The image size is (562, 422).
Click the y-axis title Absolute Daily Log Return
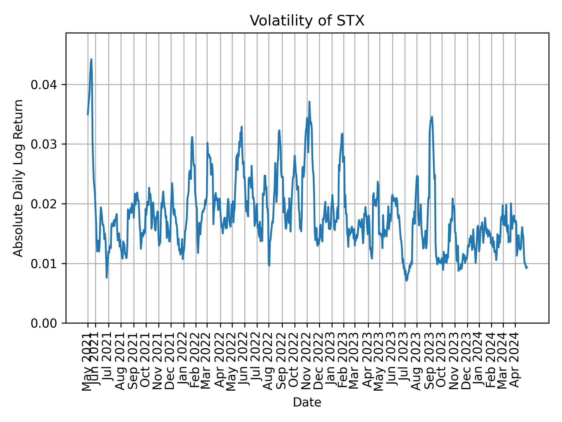click(x=19, y=178)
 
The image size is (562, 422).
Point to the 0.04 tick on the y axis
click(x=45, y=85)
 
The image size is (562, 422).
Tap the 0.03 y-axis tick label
click(x=45, y=144)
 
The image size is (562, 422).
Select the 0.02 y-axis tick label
click(x=45, y=204)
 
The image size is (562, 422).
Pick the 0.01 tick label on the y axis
click(x=45, y=263)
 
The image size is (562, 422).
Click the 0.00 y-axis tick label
click(x=45, y=323)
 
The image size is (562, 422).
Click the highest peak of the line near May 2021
click(x=91, y=59)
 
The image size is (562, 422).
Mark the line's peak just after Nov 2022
click(x=309, y=102)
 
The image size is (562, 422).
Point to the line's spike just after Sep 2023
click(x=432, y=117)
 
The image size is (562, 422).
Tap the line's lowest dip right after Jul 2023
click(x=406, y=280)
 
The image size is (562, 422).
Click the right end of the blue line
click(x=527, y=267)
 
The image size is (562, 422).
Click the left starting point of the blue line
click(x=88, y=115)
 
